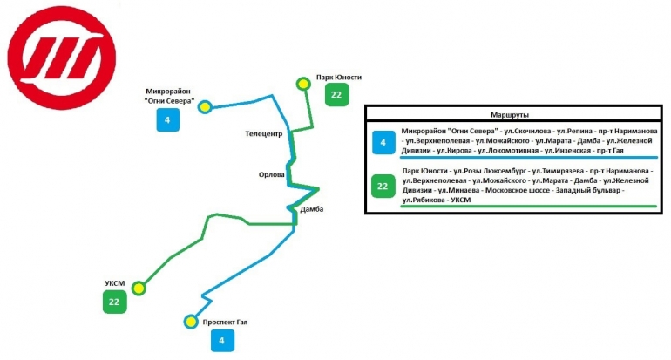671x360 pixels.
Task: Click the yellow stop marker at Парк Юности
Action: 303,84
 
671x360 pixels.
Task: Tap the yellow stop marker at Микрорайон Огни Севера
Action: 205,107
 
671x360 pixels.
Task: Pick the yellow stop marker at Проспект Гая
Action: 191,322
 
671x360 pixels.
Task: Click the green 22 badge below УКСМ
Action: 114,302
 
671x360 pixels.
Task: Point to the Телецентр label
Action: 263,134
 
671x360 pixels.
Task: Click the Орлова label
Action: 273,174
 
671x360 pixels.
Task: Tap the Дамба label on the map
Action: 311,210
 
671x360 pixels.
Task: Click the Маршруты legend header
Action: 511,115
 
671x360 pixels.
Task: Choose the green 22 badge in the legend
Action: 382,185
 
